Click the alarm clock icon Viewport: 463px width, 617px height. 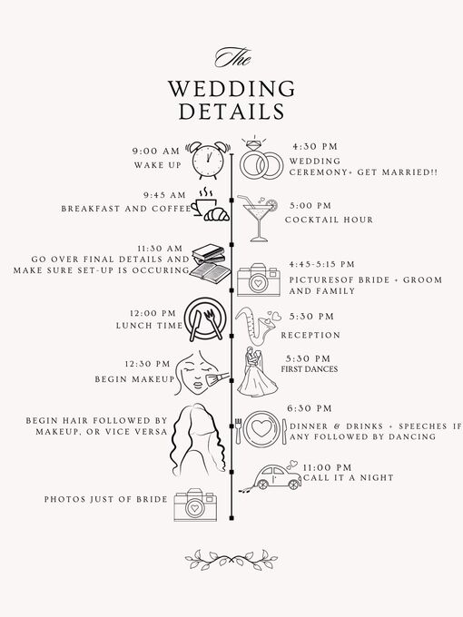(x=208, y=161)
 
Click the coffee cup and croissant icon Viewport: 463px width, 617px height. (x=210, y=205)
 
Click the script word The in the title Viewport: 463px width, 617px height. (x=232, y=57)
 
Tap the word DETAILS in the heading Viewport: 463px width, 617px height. (x=231, y=111)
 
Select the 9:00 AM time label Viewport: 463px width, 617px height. (x=156, y=152)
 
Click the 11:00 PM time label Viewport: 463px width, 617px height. (x=327, y=467)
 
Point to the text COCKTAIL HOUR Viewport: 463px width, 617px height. (x=329, y=220)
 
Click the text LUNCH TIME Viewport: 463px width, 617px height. (x=149, y=326)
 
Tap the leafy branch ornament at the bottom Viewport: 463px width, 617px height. (x=231, y=560)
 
